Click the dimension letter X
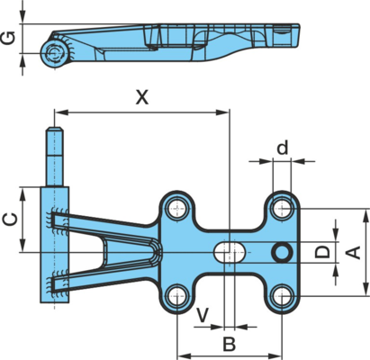click(x=142, y=97)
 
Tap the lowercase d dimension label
click(x=283, y=148)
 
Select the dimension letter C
click(x=10, y=220)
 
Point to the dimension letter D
click(x=322, y=251)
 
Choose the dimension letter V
click(x=203, y=315)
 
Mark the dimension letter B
click(x=230, y=344)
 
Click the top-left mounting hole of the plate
click(x=177, y=208)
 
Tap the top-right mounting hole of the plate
click(x=282, y=208)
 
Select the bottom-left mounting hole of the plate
click(x=177, y=295)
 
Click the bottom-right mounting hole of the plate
click(x=282, y=295)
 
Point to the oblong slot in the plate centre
click(x=230, y=252)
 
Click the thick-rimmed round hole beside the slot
click(x=282, y=252)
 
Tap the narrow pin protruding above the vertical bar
click(x=55, y=157)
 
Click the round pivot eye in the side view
click(x=55, y=54)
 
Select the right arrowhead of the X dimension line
click(x=222, y=112)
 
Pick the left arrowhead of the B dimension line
click(x=184, y=356)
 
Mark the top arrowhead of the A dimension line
click(x=365, y=216)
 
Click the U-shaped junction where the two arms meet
click(x=156, y=252)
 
